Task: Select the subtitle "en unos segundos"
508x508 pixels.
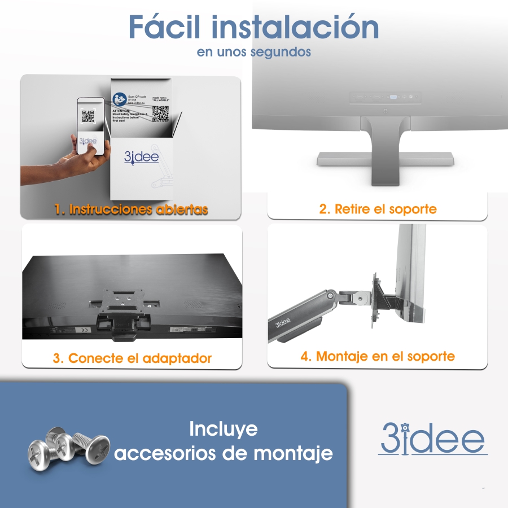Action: click(x=254, y=52)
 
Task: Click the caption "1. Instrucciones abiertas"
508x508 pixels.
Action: click(x=131, y=209)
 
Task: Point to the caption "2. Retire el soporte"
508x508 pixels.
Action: click(x=378, y=209)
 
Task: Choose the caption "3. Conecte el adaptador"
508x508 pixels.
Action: click(x=132, y=358)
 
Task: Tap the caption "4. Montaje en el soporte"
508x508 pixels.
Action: click(x=377, y=356)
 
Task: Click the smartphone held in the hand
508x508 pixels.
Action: click(x=91, y=126)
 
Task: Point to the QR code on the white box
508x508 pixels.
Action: click(x=160, y=113)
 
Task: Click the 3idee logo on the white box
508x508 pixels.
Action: click(x=142, y=156)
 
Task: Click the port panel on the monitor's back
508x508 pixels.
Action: click(x=385, y=97)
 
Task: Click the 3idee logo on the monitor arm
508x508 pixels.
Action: click(x=282, y=323)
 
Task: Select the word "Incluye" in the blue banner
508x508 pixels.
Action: click(x=223, y=429)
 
